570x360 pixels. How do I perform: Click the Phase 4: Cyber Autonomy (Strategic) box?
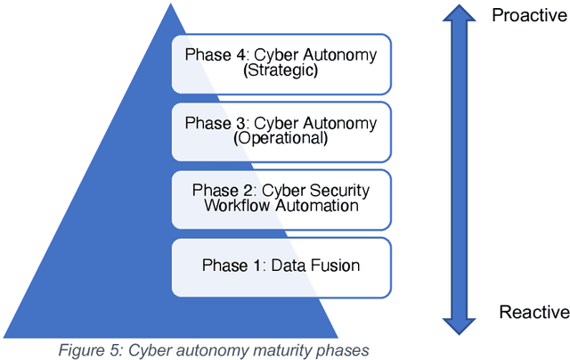(281, 64)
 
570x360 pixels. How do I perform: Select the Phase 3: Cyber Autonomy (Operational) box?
(281, 131)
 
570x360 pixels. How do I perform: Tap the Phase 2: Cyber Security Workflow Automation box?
(281, 199)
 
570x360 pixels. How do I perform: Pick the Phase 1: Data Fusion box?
(281, 266)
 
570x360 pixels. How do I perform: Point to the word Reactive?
(533, 312)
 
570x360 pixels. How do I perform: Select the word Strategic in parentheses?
(281, 71)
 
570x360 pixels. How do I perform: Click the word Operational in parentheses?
(281, 139)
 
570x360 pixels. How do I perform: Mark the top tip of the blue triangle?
(169, 6)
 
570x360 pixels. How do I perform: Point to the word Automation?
(316, 207)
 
